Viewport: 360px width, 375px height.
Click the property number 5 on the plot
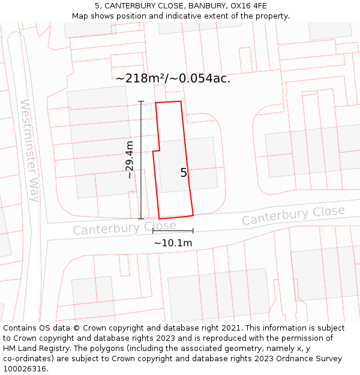coord(184,173)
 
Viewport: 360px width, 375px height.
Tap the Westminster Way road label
coord(29,150)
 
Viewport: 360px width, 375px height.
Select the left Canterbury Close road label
coord(125,227)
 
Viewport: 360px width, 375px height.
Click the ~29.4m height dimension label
coord(130,160)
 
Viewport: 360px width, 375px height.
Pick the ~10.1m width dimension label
coord(173,243)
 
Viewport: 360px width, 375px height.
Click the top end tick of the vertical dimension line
coord(141,101)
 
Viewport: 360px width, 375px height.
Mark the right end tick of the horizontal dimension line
coord(193,230)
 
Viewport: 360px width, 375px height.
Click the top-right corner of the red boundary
coord(181,101)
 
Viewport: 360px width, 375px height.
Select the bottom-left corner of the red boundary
coord(159,218)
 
